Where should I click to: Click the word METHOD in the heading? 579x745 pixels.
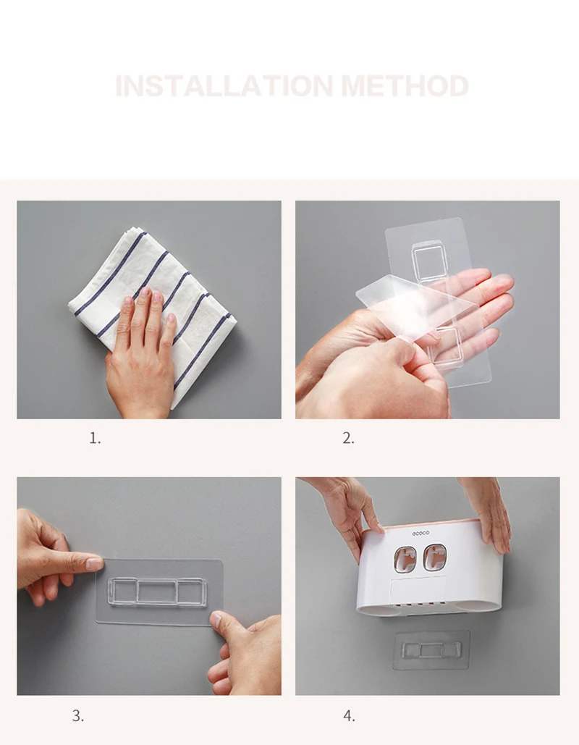[x=405, y=86]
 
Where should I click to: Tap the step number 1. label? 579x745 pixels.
[x=95, y=438]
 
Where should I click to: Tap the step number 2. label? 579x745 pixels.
[x=349, y=438]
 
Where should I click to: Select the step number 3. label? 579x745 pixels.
[x=78, y=715]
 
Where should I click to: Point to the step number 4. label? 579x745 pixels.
[x=349, y=715]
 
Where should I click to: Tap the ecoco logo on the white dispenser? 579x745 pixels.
[x=420, y=533]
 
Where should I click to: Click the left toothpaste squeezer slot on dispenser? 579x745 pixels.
[x=405, y=559]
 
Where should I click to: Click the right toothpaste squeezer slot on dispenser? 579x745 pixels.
[x=434, y=557]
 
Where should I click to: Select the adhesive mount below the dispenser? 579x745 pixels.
[x=431, y=650]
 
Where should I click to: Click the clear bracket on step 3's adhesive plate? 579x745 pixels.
[x=157, y=592]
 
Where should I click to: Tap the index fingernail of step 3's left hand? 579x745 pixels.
[x=94, y=565]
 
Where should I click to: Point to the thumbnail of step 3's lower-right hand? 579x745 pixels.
[x=216, y=620]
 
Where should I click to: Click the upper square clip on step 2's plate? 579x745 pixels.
[x=430, y=261]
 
